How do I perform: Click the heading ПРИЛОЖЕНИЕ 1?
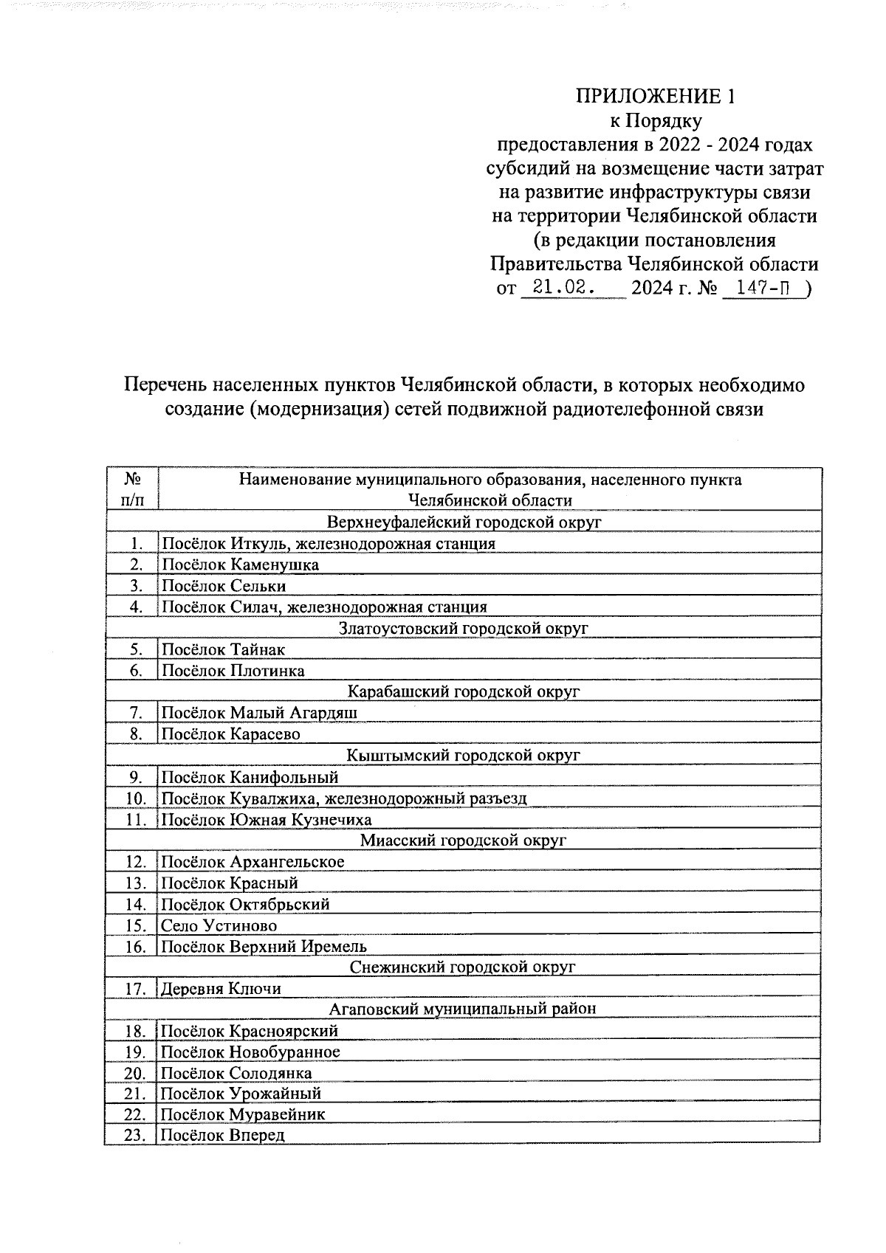tap(656, 97)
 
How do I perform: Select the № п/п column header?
tap(132, 489)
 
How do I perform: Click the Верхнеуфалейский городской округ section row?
tap(464, 522)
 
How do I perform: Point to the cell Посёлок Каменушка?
tap(241, 565)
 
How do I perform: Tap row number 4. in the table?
tap(135, 607)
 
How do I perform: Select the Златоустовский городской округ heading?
tap(464, 629)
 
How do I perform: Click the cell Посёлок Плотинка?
tap(233, 671)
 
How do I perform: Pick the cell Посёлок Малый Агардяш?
tap(260, 713)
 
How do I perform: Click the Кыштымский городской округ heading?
tap(464, 755)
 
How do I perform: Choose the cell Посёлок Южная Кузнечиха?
tap(267, 819)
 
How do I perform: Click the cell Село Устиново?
tap(219, 925)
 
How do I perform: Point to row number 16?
tap(135, 947)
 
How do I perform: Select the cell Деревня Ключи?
tap(221, 989)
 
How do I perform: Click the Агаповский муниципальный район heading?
tap(464, 1009)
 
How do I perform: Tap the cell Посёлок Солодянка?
tap(237, 1073)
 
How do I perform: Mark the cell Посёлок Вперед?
tap(223, 1136)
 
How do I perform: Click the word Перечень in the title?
tap(164, 385)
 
